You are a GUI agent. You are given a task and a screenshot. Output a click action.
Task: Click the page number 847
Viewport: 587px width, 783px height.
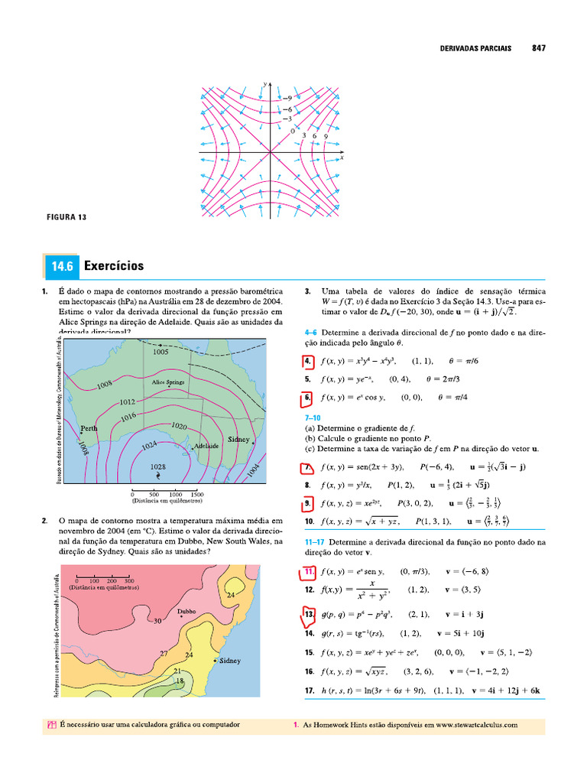(538, 47)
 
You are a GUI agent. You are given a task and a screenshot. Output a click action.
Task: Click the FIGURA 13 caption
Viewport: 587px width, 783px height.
(67, 217)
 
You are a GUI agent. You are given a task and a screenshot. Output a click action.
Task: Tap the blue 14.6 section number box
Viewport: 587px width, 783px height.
(61, 267)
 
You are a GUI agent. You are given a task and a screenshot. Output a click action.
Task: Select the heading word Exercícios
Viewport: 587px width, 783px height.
(114, 267)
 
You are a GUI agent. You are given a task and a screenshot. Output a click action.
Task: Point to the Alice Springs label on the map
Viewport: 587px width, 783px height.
(168, 382)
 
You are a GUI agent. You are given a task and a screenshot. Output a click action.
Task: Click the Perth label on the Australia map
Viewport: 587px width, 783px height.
(89, 429)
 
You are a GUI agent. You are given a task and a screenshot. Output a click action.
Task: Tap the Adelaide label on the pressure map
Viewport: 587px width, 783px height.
(206, 445)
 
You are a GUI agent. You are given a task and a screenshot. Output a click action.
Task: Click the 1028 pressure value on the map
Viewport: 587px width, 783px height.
(158, 466)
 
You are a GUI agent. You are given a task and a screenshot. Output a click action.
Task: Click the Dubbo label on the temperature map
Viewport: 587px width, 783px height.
(187, 611)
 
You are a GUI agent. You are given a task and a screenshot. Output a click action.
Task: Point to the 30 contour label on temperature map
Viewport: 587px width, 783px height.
(159, 622)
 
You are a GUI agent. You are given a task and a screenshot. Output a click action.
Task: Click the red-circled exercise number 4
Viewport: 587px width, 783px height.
(306, 362)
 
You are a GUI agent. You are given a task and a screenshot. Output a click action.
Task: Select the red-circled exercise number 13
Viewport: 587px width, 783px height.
(309, 615)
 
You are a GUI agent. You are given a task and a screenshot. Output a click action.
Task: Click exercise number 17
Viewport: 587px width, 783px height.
(309, 691)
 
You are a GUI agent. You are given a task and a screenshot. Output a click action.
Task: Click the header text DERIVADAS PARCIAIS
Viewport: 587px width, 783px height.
(476, 47)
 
